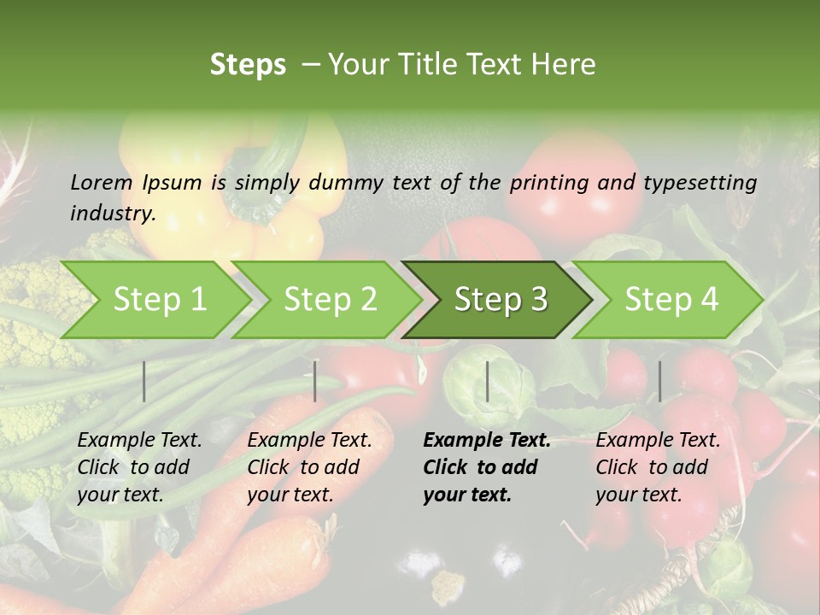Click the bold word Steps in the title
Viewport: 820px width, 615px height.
coord(248,64)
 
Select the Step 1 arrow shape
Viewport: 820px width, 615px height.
coord(159,300)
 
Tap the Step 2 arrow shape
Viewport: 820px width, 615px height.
coord(330,300)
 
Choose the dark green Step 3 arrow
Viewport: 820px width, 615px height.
coord(501,300)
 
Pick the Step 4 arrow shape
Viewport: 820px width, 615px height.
coord(671,300)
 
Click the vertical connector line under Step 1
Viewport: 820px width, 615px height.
coord(144,381)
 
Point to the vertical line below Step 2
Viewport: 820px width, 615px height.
coord(315,381)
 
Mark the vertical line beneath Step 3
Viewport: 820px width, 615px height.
coord(488,381)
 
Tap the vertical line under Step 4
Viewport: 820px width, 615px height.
coord(659,381)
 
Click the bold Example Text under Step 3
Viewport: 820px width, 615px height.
coord(487,441)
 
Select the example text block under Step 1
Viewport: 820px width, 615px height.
coord(138,467)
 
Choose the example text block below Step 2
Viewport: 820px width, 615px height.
coord(308,467)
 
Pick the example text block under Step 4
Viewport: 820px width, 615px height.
coord(657,467)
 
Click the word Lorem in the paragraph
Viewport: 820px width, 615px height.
coord(102,182)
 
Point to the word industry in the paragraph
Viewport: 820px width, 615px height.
coord(112,214)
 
